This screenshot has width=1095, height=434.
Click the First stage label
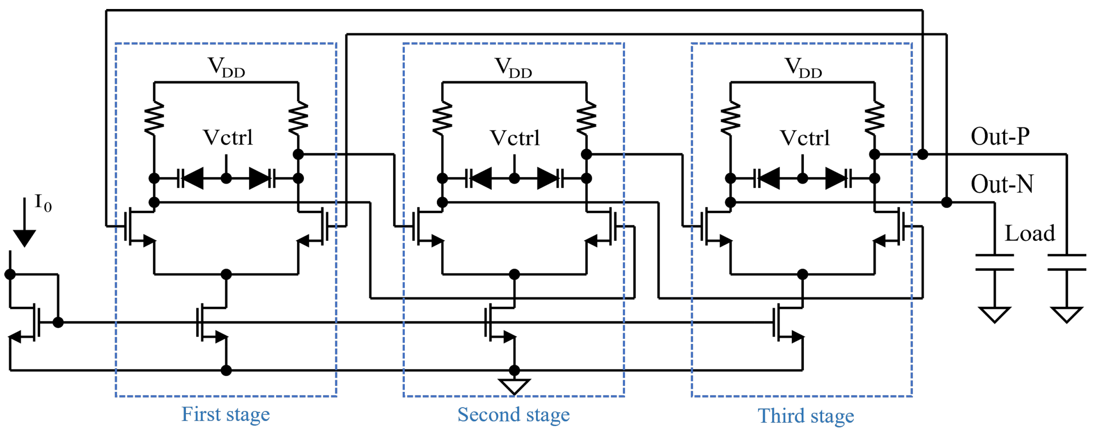click(225, 415)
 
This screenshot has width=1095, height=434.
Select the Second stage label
click(514, 415)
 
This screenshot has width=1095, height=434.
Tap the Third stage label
click(806, 416)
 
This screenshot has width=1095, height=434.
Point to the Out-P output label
click(1000, 137)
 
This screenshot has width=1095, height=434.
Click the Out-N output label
click(1002, 185)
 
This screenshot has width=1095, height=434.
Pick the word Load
click(1029, 233)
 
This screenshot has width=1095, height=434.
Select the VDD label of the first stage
click(226, 67)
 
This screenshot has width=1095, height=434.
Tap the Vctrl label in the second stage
click(514, 138)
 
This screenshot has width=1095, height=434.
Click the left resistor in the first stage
click(154, 118)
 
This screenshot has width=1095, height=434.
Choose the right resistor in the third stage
click(874, 118)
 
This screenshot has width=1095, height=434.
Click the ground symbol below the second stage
click(514, 386)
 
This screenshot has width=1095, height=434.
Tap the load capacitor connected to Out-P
click(1067, 262)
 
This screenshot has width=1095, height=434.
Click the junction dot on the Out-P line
click(922, 154)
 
